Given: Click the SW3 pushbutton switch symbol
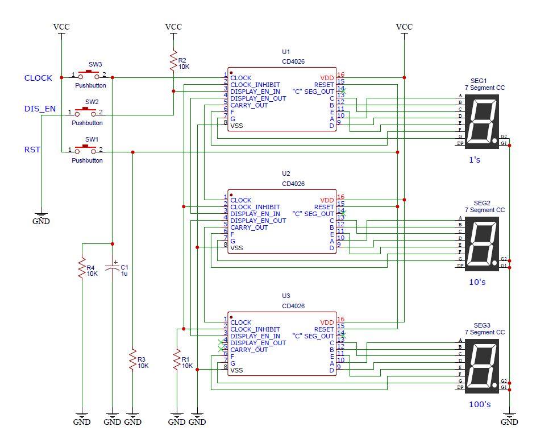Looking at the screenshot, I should click(88, 75).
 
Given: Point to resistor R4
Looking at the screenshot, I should click(82, 268).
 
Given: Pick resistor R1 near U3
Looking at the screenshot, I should click(177, 361).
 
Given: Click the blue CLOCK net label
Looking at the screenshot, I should click(38, 78).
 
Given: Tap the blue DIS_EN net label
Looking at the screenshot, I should click(40, 109).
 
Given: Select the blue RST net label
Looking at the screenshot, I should click(32, 150).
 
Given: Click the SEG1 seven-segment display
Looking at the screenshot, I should click(481, 121).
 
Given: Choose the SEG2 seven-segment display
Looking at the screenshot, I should click(481, 243).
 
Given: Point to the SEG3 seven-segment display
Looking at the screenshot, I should click(481, 365).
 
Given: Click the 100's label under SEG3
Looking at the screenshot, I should click(480, 404).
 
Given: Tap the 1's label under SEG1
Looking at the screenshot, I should click(475, 160).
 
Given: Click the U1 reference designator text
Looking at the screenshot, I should click(286, 52).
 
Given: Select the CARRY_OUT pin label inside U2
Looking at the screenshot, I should click(249, 227).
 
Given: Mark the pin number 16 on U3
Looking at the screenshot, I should click(340, 319).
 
